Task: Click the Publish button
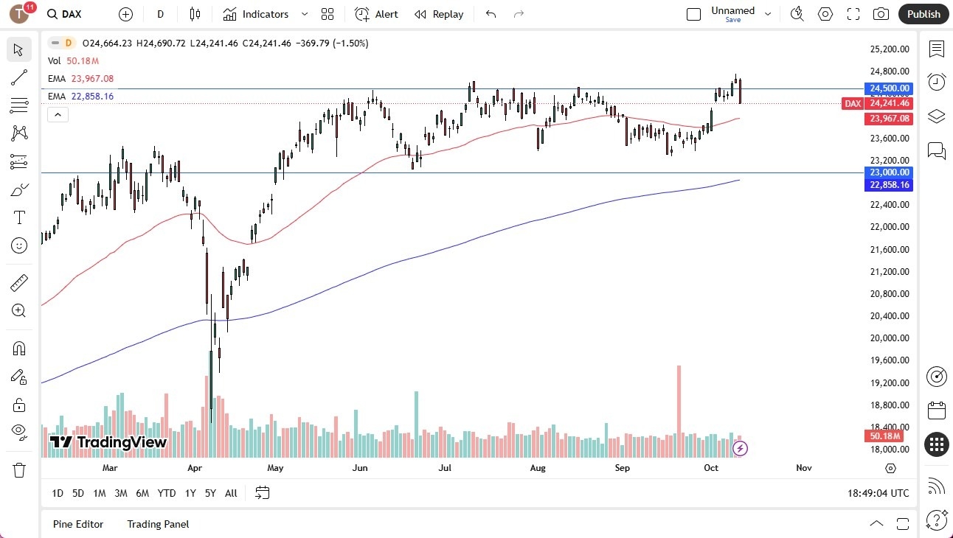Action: click(923, 14)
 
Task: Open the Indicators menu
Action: click(256, 14)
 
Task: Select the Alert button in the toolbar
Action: click(376, 14)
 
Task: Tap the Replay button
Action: click(439, 14)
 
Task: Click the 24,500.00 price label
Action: click(889, 88)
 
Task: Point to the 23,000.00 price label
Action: click(889, 172)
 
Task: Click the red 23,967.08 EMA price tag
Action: click(889, 119)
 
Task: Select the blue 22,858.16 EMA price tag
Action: click(889, 185)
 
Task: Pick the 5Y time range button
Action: click(210, 493)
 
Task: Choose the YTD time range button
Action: click(167, 493)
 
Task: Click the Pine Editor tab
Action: click(78, 524)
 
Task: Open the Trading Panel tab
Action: click(158, 524)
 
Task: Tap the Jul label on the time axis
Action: click(445, 468)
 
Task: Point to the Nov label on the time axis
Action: click(804, 468)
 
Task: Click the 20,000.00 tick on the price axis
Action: click(890, 338)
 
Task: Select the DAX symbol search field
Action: click(72, 14)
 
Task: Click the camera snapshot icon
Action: click(881, 14)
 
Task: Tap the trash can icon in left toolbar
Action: click(18, 469)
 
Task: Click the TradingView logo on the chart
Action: click(108, 442)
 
